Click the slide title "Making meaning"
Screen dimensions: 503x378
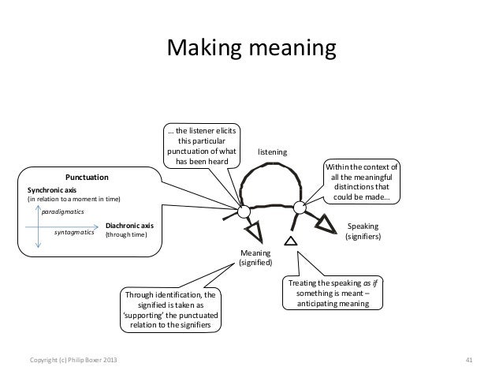[x=251, y=50]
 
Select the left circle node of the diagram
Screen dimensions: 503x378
[x=243, y=211]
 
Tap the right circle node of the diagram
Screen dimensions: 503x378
[x=299, y=208]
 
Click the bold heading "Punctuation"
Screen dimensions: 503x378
[x=87, y=178]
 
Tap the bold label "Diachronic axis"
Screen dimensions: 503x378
[x=129, y=225]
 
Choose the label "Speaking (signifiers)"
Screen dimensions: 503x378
[x=363, y=230]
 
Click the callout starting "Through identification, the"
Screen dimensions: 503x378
[x=170, y=309]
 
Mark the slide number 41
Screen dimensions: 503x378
[x=469, y=361]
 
